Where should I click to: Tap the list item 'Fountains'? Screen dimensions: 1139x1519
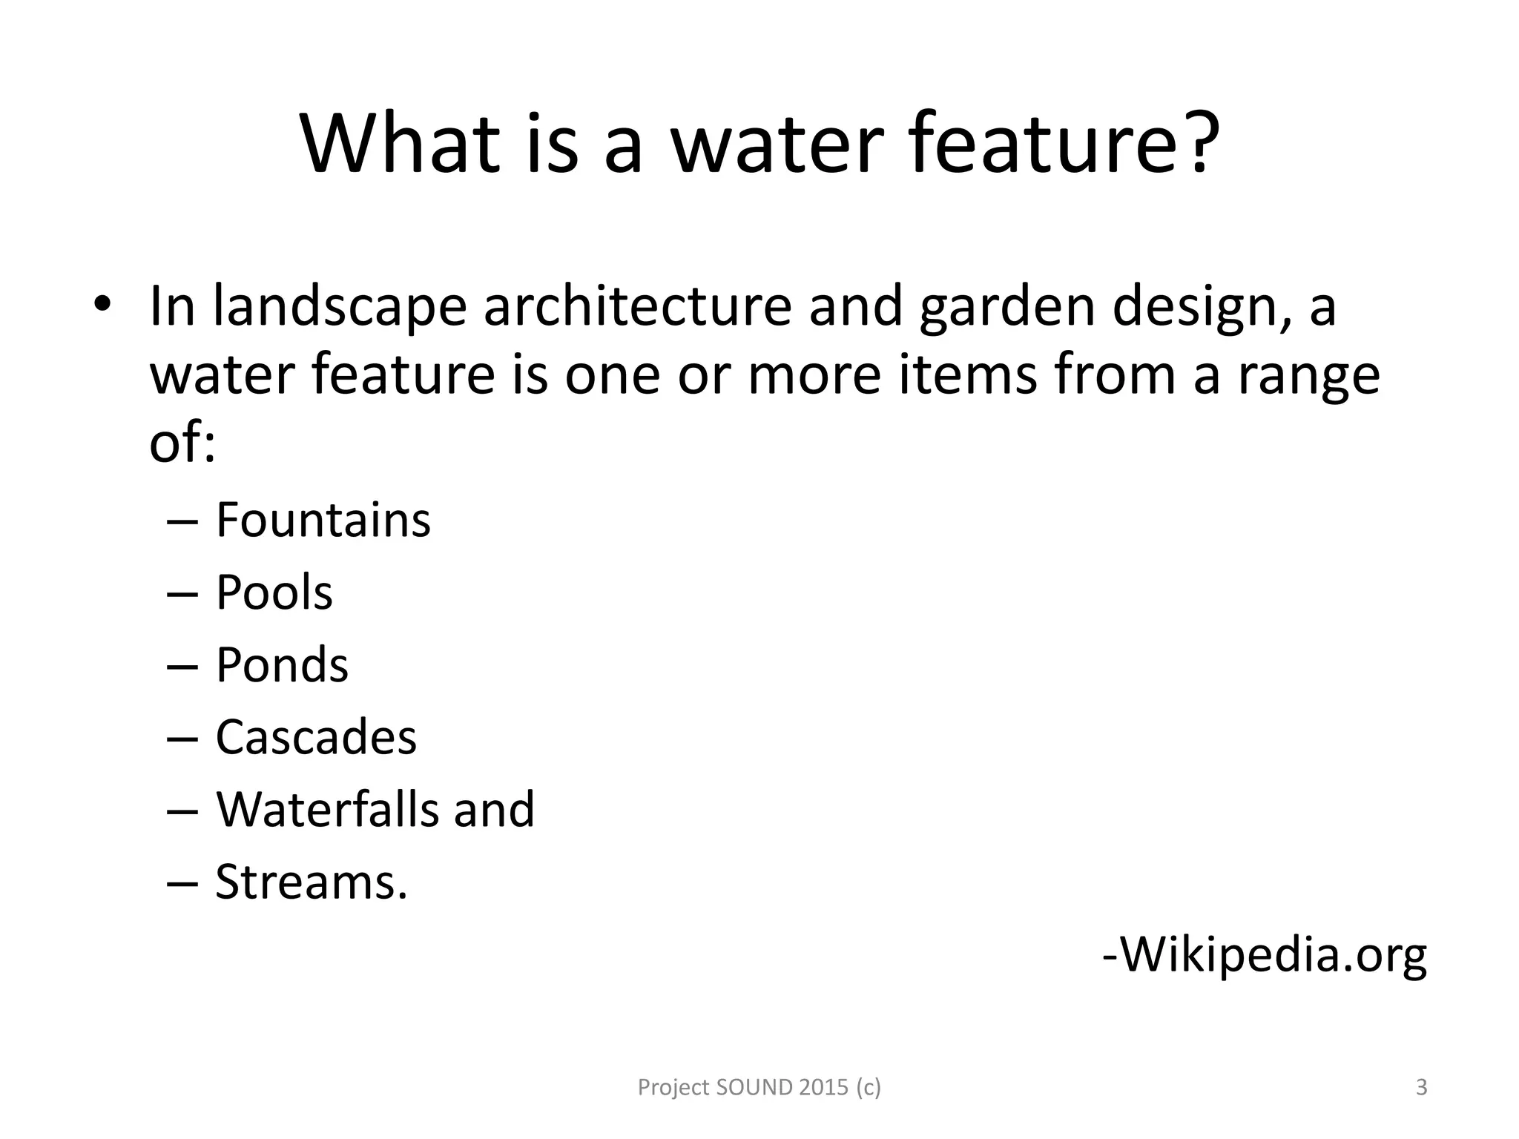pyautogui.click(x=323, y=520)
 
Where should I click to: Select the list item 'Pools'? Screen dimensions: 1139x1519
pyautogui.click(x=274, y=592)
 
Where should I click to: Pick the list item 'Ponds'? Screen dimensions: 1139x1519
pyautogui.click(x=282, y=664)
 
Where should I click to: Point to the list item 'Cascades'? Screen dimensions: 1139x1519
pyautogui.click(x=316, y=737)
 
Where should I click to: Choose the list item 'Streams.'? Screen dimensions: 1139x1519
pyautogui.click(x=312, y=882)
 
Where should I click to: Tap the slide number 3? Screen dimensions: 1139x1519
pyautogui.click(x=1421, y=1087)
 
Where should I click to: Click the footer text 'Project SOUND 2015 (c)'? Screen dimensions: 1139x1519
pyautogui.click(x=759, y=1087)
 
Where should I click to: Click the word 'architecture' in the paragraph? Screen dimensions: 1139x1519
pyautogui.click(x=638, y=306)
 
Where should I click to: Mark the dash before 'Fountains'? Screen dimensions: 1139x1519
pyautogui.click(x=182, y=521)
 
